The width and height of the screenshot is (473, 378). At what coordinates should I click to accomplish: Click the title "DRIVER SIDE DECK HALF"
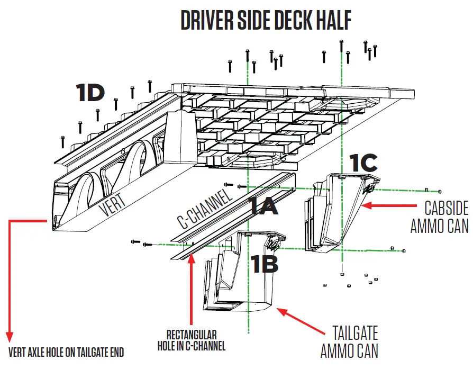[266, 20]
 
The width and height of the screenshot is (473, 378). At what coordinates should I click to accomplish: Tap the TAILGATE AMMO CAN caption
[349, 342]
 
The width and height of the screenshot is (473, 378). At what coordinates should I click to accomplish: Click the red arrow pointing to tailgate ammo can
[301, 322]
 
